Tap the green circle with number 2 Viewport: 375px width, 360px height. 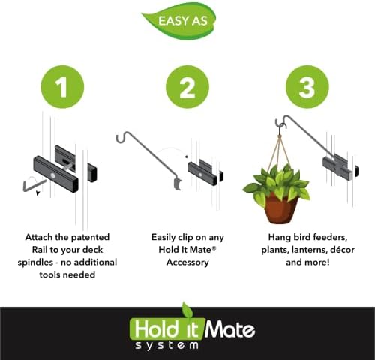point(187,88)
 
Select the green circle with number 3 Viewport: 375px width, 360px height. point(307,88)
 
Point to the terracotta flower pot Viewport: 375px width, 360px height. point(277,207)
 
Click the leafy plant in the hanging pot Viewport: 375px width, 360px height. point(277,182)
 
